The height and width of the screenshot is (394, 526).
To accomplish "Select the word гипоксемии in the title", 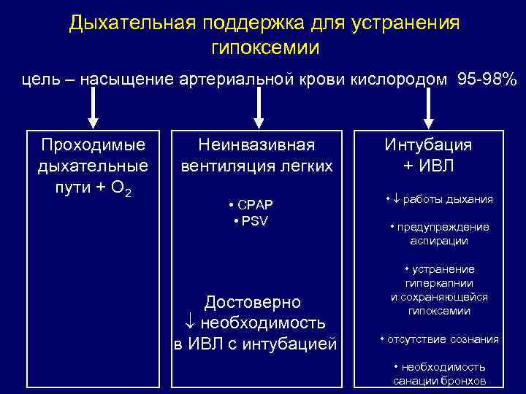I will point(264,48).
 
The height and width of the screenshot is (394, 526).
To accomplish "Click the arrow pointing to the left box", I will point(93,110).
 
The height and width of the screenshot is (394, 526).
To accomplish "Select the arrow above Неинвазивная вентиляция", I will point(257,110).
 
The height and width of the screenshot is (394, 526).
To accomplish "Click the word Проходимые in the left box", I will point(93,144).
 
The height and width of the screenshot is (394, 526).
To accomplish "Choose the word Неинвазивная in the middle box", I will point(257,144).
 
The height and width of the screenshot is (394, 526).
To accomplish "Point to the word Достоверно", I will point(253,302).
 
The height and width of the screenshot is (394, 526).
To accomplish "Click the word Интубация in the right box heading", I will point(429,144).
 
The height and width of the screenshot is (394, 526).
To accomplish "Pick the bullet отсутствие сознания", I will point(440,339).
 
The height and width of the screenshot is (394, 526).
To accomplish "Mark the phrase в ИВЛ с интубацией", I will point(255,343).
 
